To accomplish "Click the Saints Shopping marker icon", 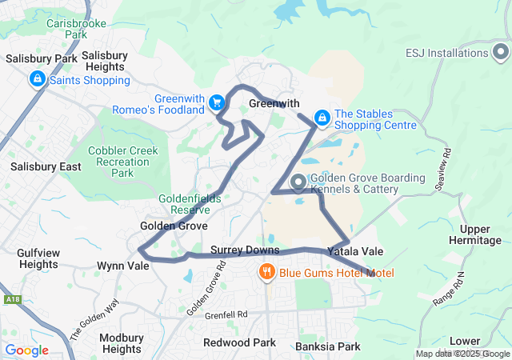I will pos(37,79).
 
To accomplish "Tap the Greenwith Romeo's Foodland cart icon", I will pos(215,102).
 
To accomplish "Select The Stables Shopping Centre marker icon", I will pos(322,118).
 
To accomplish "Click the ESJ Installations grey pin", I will pos(500,54).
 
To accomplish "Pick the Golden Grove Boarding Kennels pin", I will pos(298,183).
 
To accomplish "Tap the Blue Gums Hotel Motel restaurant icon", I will pos(267,272).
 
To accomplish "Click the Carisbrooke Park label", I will pos(66,29).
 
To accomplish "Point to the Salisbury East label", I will pos(46,166).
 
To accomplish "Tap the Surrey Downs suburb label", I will pos(245,250).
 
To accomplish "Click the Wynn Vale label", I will pos(122,266).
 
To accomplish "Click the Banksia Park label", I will pos(328,346).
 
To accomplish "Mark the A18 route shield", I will pos(11,299).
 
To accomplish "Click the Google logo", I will pos(26,350).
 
